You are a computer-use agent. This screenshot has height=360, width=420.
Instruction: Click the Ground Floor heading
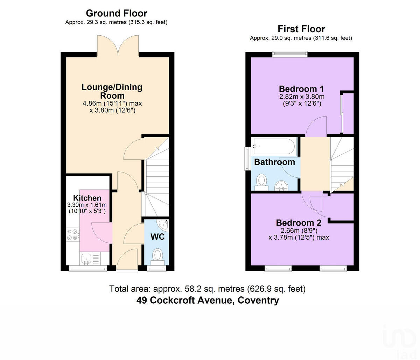[116, 13]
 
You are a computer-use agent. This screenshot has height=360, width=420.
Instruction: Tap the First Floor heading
[301, 29]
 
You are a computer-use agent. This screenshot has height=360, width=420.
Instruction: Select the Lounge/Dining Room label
[112, 91]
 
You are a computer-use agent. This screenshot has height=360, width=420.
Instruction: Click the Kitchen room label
[87, 198]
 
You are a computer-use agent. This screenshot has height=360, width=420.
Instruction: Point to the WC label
[157, 237]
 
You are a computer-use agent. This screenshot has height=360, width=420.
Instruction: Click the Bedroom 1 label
[301, 89]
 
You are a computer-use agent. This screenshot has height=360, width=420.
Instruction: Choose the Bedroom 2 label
[299, 223]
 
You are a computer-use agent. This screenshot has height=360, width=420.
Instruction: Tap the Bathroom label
[274, 162]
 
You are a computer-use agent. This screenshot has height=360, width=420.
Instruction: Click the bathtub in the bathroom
[274, 146]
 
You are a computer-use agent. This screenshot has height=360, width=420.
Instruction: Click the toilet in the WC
[158, 256]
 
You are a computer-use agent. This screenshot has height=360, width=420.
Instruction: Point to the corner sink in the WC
[164, 224]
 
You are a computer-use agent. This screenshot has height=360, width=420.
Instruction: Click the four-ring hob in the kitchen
[72, 234]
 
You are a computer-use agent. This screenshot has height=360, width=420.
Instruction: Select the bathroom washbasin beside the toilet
[281, 185]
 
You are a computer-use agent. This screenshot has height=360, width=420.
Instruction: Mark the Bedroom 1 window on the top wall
[290, 54]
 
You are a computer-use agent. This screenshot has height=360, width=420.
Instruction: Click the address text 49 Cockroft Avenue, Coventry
[208, 301]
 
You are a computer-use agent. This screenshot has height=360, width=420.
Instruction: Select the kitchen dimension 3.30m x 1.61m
[87, 205]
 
